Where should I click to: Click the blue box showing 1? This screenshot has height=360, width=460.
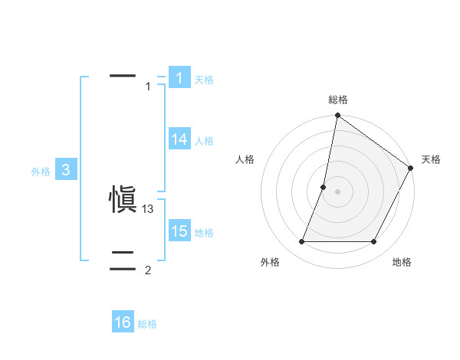(179, 78)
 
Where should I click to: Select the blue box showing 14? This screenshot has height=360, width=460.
(179, 139)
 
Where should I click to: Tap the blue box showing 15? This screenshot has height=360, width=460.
(179, 231)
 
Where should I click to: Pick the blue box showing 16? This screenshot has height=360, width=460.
(123, 322)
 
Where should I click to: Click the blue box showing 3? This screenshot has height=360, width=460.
(66, 170)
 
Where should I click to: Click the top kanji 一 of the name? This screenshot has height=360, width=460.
(123, 75)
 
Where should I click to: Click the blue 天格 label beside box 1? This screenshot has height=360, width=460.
(204, 80)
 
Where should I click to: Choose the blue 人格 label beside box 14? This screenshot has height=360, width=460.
(204, 141)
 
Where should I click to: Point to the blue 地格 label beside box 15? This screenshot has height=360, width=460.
(204, 233)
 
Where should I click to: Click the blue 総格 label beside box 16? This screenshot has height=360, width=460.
(147, 325)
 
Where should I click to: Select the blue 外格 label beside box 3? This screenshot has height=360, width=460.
(41, 172)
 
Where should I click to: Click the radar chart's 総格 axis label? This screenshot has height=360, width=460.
(338, 100)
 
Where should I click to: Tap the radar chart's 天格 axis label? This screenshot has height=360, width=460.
(431, 159)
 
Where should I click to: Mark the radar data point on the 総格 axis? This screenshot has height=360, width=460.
(337, 116)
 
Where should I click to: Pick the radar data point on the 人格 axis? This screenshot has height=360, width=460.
(324, 187)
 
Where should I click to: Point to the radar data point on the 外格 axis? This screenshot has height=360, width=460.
(302, 242)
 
